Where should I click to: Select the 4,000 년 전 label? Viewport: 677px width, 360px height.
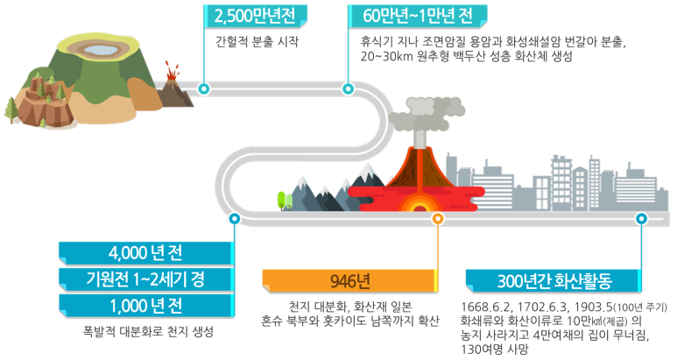pyautogui.click(x=145, y=254)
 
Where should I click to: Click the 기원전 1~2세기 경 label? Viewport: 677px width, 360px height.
pyautogui.click(x=145, y=280)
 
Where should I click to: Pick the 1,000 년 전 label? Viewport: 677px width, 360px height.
pyautogui.click(x=145, y=306)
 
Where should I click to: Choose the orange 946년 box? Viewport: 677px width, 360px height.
pyautogui.click(x=349, y=280)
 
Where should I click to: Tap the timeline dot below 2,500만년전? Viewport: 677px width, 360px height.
pyautogui.click(x=204, y=88)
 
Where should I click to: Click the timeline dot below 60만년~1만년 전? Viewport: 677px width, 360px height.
pyautogui.click(x=348, y=88)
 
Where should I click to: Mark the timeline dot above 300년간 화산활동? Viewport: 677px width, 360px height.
pyautogui.click(x=641, y=218)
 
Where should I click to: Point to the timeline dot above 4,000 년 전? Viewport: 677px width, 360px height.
pyautogui.click(x=233, y=218)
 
